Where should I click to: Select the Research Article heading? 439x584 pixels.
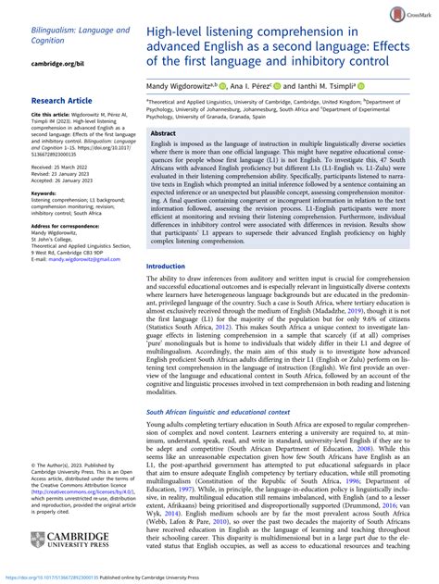(x=66, y=96)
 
